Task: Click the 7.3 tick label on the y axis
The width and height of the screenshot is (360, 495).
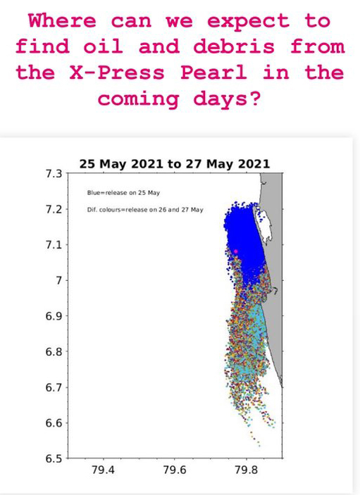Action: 54,174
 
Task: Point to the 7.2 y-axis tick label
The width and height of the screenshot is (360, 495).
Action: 54,209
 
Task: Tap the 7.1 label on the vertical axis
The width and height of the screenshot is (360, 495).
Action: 54,245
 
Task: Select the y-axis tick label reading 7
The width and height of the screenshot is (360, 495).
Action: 59,280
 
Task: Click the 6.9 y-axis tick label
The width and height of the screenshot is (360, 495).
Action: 54,316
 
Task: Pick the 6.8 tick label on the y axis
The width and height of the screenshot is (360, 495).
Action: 54,351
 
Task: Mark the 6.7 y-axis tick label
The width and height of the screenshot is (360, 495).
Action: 54,387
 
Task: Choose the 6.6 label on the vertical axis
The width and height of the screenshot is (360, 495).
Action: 54,423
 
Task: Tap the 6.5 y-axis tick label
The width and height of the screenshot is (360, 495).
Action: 54,458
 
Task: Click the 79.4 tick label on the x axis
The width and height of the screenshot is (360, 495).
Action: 104,470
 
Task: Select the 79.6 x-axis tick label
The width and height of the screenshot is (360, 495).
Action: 175,470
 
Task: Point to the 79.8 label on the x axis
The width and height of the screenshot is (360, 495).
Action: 247,470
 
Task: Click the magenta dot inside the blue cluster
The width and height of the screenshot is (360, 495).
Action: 235,251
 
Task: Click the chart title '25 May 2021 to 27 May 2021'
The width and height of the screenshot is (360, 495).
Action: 175,164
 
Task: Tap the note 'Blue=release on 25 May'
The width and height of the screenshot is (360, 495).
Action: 123,192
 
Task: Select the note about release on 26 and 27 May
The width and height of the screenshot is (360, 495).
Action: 145,210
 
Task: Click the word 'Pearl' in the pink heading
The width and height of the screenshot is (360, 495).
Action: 213,73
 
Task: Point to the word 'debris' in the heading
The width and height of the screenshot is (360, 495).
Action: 234,46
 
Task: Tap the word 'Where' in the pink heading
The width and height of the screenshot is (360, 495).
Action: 62,20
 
